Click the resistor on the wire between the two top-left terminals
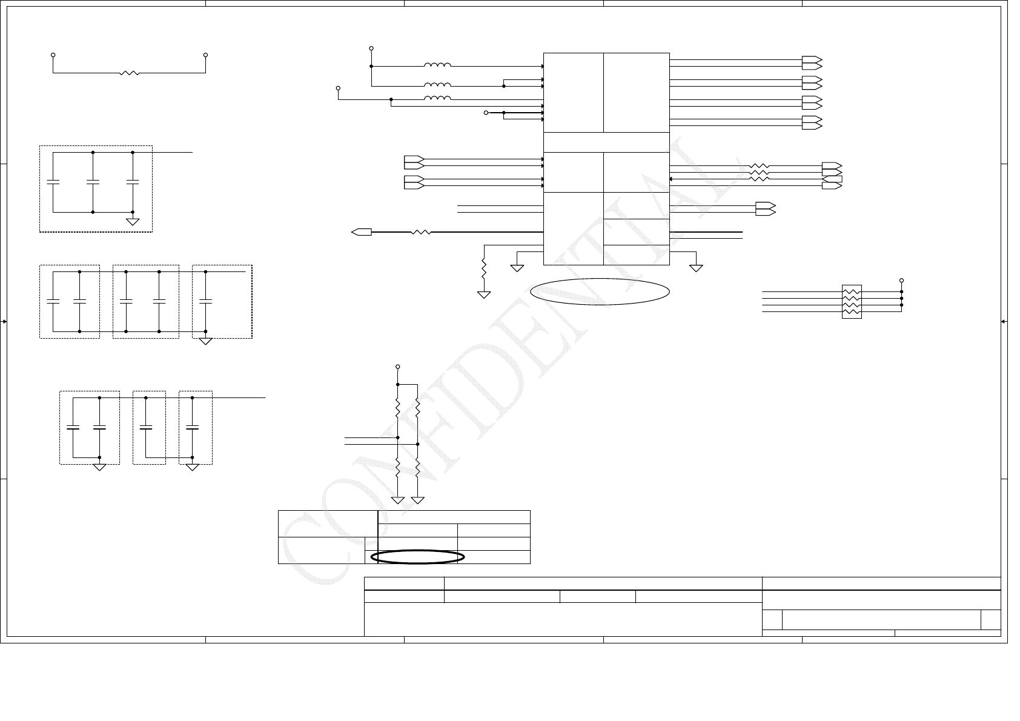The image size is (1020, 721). click(130, 73)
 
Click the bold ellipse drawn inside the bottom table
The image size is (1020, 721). click(418, 557)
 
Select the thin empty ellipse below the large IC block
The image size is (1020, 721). click(600, 292)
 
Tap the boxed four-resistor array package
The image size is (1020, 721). click(852, 302)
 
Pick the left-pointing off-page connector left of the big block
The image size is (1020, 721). click(362, 231)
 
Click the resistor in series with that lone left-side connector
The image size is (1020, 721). click(421, 231)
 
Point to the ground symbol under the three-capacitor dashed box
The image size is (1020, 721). click(133, 222)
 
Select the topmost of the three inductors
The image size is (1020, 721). click(437, 65)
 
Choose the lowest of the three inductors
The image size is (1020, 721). click(437, 99)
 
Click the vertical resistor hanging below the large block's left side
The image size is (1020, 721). click(484, 268)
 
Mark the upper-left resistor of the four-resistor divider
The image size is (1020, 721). click(397, 408)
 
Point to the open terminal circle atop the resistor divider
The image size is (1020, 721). click(397, 367)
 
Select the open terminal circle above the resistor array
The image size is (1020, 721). click(901, 281)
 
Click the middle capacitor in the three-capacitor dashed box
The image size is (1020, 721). click(93, 181)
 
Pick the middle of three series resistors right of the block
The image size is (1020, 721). click(760, 172)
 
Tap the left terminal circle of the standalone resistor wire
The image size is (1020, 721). click(53, 55)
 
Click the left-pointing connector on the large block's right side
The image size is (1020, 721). click(832, 179)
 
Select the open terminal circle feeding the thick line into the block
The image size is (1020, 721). click(486, 113)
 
